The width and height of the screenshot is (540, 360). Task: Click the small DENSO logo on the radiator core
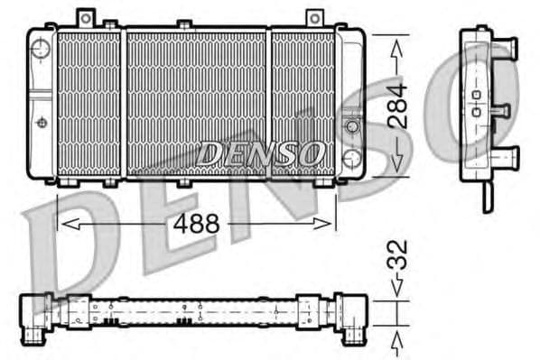pyautogui.click(x=260, y=153)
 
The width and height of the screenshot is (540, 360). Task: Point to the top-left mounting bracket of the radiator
pyautogui.click(x=85, y=18)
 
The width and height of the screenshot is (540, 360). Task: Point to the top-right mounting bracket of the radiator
pyautogui.click(x=313, y=18)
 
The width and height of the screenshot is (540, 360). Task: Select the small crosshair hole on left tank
pyautogui.click(x=41, y=122)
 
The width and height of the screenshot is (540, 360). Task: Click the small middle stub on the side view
pyautogui.click(x=500, y=111)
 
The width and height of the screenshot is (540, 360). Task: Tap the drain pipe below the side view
pyautogui.click(x=487, y=195)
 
